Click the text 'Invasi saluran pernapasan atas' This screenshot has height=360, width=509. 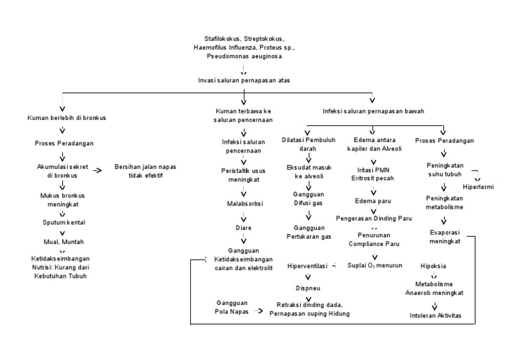pos(244,80)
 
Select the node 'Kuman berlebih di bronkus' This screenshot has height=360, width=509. pos(66,118)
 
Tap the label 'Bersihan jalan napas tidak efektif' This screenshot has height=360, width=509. pos(145,171)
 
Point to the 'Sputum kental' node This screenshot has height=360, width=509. pos(64,222)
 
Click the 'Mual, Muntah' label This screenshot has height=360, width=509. pos(64,242)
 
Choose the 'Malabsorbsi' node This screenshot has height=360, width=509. pos(245,204)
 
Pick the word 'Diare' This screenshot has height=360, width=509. pos(243,227)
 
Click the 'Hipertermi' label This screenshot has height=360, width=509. pos(478,187)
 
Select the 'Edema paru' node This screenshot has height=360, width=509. pos(373,201)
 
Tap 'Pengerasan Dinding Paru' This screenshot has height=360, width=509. pos(374,218)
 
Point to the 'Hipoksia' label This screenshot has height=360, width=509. pos(433,266)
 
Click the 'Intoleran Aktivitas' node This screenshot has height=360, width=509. pos(435,315)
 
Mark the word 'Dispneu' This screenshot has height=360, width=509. pos(308,288)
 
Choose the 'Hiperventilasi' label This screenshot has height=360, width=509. pos(308,266)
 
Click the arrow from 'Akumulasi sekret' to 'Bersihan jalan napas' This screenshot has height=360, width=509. pos(97,170)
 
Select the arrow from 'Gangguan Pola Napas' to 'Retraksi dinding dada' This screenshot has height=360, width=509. pos(258,311)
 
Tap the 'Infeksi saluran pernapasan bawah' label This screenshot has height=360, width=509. pos(373,111)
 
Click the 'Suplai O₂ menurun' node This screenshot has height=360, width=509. pos(374,266)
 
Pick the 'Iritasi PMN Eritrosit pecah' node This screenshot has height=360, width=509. pos(372,174)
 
